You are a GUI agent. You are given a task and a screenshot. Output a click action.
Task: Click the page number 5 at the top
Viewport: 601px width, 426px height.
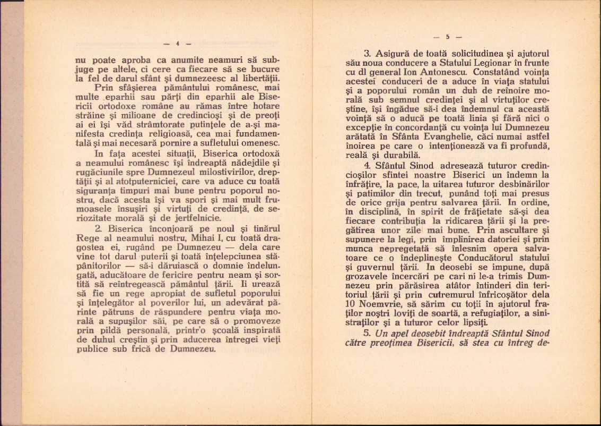[x=448, y=37]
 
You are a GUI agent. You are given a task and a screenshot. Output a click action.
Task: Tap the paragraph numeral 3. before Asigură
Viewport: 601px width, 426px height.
[x=365, y=54]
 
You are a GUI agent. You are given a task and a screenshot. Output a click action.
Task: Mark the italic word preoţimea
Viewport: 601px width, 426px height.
[x=391, y=343]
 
